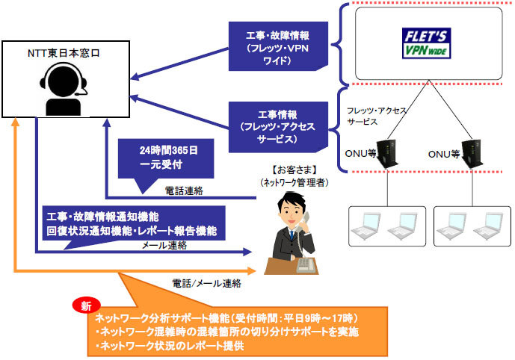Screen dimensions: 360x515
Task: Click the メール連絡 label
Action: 164,246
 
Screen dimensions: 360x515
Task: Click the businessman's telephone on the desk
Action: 303,264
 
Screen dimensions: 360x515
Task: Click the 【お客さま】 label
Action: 292,169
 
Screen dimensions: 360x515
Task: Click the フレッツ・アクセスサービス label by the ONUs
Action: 377,115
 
